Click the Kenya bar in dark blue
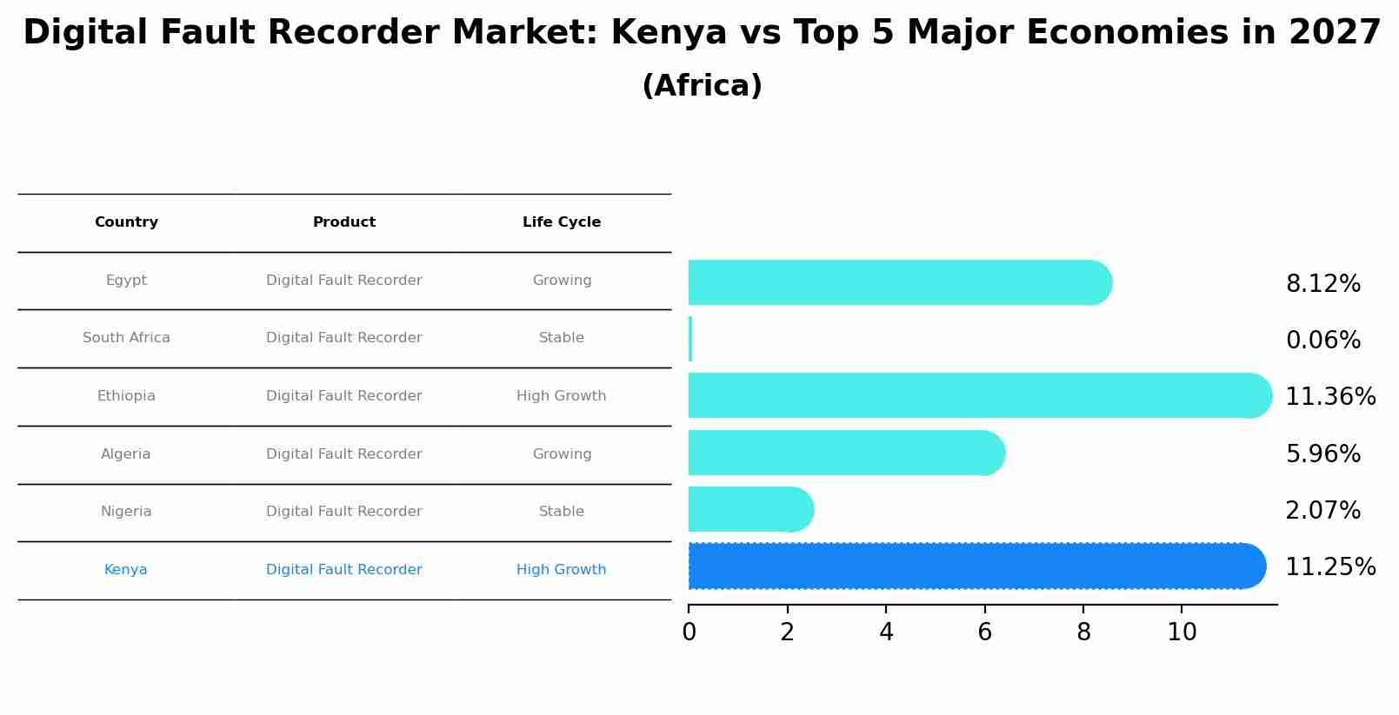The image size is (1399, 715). click(x=974, y=566)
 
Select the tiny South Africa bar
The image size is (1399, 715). click(x=690, y=339)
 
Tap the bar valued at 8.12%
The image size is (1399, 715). click(x=900, y=282)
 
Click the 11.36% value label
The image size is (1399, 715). click(x=1330, y=397)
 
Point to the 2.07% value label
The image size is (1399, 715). click(x=1322, y=511)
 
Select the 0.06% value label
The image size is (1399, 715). click(x=1322, y=341)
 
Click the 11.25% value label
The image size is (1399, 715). click(x=1330, y=567)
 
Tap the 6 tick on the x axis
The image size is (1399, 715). click(x=984, y=632)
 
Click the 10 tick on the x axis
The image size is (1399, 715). click(x=1182, y=632)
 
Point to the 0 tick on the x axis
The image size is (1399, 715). click(x=689, y=632)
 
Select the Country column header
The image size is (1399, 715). click(x=126, y=222)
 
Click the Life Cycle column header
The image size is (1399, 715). click(x=562, y=222)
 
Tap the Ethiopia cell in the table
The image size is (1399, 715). click(x=126, y=396)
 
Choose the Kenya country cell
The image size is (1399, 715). click(x=126, y=570)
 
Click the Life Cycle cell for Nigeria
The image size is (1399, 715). click(x=562, y=512)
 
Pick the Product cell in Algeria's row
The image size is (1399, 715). click(x=344, y=454)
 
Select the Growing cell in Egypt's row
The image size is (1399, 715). click(x=562, y=281)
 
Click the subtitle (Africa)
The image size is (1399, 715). click(x=702, y=86)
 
